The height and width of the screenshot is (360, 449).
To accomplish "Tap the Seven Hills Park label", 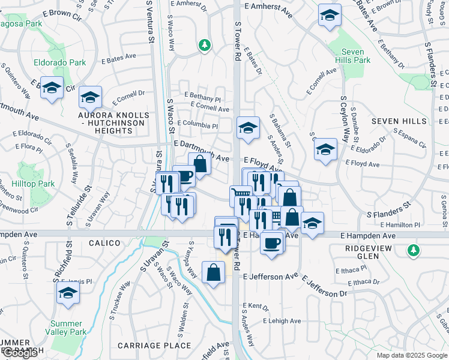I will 354,56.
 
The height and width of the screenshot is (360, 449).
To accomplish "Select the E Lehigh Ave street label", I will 282,321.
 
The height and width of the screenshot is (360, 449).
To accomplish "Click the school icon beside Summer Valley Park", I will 68,293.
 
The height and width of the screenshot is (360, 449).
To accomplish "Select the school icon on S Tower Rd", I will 248,128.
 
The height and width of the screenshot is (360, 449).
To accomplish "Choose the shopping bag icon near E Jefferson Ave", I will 214,272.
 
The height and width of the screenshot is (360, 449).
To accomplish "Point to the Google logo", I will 20,352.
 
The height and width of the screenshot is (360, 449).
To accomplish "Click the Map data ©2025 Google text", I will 412,355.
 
